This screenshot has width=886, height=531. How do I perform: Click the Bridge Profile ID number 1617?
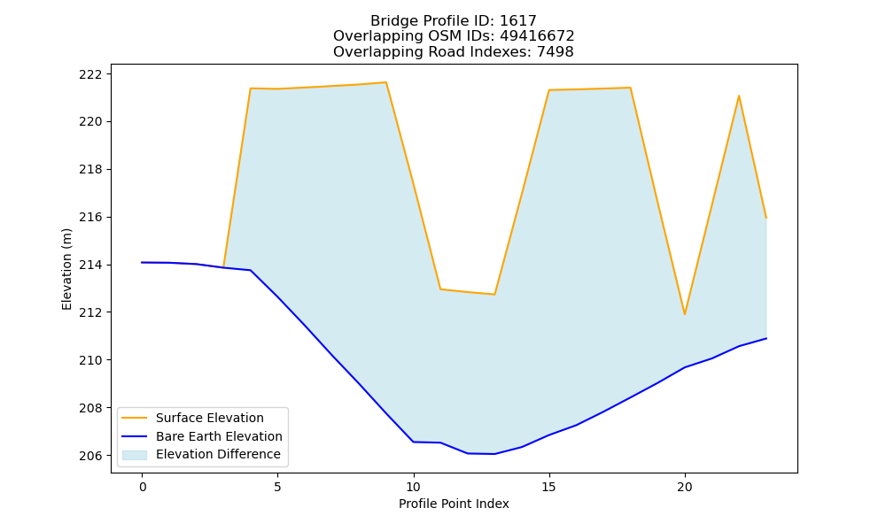click(x=518, y=21)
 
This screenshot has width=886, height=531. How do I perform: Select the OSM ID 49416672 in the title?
click(x=537, y=36)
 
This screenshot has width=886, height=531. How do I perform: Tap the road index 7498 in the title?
click(x=555, y=52)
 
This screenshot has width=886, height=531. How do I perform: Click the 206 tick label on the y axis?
click(x=89, y=456)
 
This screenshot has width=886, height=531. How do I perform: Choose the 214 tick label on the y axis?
click(x=89, y=265)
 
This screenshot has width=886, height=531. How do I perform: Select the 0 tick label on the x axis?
click(x=143, y=487)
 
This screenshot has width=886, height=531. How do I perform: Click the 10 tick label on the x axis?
click(x=414, y=487)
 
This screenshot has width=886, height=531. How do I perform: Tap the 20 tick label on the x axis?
click(x=685, y=487)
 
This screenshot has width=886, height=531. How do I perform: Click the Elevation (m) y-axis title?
click(x=66, y=269)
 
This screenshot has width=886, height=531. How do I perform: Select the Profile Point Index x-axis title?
click(x=454, y=504)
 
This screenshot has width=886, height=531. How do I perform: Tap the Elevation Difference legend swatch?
click(x=135, y=455)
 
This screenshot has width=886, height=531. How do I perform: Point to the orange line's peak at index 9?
click(x=386, y=82)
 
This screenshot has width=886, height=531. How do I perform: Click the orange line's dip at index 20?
click(x=685, y=314)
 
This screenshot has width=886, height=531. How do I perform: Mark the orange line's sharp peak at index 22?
click(x=739, y=96)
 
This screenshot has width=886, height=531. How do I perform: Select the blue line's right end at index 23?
click(x=766, y=339)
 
